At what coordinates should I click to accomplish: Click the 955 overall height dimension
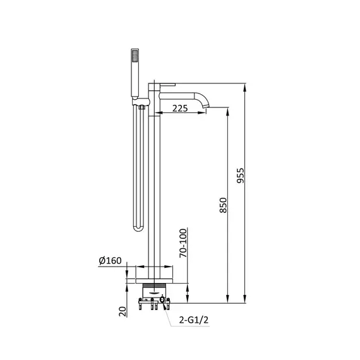pyautogui.click(x=241, y=176)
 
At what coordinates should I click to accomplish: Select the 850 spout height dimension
pyautogui.click(x=223, y=205)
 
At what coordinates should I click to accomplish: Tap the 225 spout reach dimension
pyautogui.click(x=180, y=109)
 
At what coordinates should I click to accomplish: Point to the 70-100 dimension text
pyautogui.click(x=183, y=243)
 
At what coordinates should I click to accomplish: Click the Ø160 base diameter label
pyautogui.click(x=110, y=261)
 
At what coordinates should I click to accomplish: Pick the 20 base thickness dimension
pyautogui.click(x=123, y=311)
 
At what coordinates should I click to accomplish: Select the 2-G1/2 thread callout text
pyautogui.click(x=194, y=320)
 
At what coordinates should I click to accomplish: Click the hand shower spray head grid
pyautogui.click(x=135, y=56)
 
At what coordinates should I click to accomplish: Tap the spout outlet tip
pyautogui.click(x=206, y=106)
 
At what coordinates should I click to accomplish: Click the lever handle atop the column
pyautogui.click(x=167, y=85)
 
